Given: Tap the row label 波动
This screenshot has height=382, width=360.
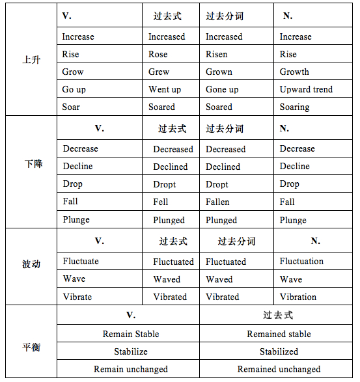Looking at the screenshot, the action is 31,264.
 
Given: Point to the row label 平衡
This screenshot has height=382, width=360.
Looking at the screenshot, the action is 31,347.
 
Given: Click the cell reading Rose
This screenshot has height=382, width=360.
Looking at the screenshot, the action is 158,54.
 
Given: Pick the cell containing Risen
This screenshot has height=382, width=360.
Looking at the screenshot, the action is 217,54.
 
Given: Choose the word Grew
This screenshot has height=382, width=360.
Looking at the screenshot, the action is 159,72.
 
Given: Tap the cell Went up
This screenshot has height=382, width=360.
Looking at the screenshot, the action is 165,89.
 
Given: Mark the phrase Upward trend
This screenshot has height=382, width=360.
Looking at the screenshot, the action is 306,89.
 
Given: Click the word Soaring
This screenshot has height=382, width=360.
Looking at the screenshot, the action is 294,107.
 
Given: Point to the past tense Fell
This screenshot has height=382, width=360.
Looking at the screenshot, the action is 161,202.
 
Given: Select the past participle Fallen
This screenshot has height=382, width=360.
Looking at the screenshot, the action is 217,202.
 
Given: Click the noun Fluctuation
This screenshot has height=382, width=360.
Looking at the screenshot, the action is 301,261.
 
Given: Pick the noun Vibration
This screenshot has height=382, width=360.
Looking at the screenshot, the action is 298,297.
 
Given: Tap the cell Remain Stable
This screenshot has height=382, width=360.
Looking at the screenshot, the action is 131,334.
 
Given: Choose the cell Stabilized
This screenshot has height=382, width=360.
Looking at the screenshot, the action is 279,351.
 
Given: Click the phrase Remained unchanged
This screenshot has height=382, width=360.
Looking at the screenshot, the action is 279,369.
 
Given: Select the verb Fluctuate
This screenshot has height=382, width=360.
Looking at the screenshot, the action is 81,261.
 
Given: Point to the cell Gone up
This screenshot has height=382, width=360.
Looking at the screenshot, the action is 222,89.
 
